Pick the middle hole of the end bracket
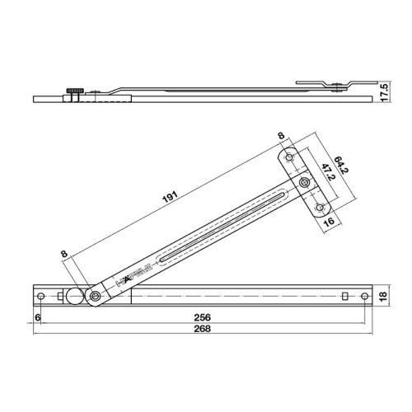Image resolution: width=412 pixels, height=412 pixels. pyautogui.click(x=304, y=182)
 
